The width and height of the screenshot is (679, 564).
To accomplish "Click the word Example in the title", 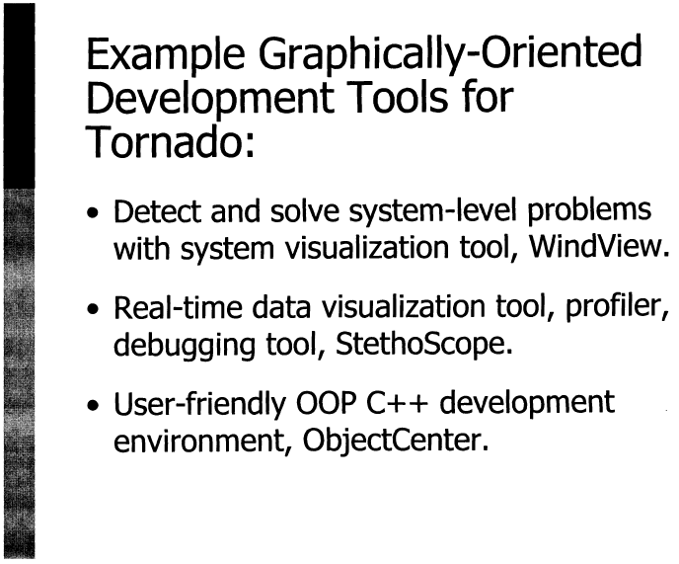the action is pyautogui.click(x=166, y=54).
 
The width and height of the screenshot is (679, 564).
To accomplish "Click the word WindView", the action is pyautogui.click(x=600, y=247).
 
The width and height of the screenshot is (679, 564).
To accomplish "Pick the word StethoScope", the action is pyautogui.click(x=424, y=345).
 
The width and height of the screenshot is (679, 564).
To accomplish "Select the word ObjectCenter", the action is pyautogui.click(x=396, y=441).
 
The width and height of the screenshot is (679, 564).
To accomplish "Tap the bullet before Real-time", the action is pyautogui.click(x=93, y=309).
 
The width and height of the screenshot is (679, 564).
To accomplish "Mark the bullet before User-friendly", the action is pyautogui.click(x=93, y=405).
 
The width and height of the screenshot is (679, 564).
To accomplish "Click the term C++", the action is pyautogui.click(x=397, y=403).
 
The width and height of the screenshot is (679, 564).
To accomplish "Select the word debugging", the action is pyautogui.click(x=184, y=346).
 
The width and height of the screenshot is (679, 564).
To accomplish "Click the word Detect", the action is pyautogui.click(x=157, y=210).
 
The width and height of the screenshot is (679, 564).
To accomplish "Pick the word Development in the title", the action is pyautogui.click(x=210, y=98).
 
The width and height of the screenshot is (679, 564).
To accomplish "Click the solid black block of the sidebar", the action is pyautogui.click(x=19, y=96).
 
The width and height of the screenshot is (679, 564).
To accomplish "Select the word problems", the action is pyautogui.click(x=589, y=211).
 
